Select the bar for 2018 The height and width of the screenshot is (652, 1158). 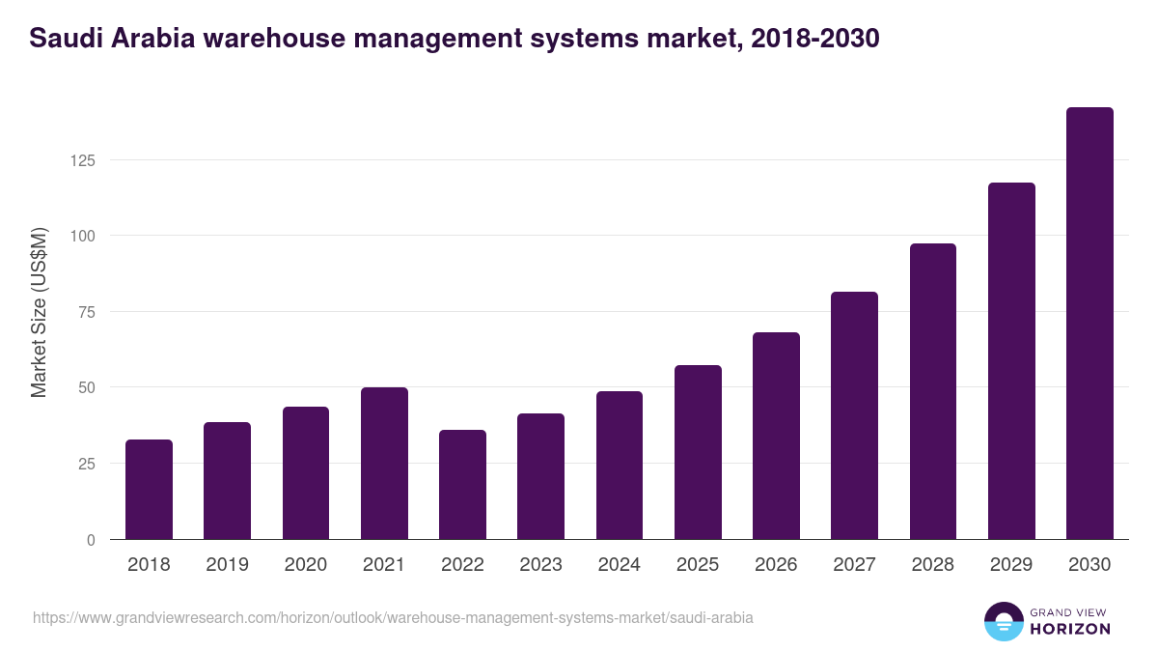(x=149, y=490)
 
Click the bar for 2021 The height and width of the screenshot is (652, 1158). (x=384, y=464)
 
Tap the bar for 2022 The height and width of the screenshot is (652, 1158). (x=462, y=485)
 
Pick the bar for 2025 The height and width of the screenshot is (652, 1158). (x=698, y=452)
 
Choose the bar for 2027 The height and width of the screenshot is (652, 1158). (x=854, y=415)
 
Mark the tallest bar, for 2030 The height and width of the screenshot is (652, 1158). (x=1089, y=324)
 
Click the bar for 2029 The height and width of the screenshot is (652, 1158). (x=1011, y=361)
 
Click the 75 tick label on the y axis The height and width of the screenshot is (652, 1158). (x=87, y=312)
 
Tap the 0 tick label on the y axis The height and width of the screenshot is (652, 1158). (x=91, y=540)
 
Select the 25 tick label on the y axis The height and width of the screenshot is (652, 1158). (x=87, y=464)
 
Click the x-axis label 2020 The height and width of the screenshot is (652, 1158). (x=305, y=565)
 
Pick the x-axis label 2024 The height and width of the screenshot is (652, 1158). (x=619, y=565)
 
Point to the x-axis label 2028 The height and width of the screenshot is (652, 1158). (x=932, y=565)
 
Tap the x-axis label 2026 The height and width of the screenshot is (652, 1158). (x=776, y=565)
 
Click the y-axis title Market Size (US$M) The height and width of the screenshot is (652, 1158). (x=39, y=313)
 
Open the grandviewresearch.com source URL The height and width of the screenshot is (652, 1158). (x=393, y=617)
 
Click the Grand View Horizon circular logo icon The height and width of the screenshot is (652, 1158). (x=1003, y=622)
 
